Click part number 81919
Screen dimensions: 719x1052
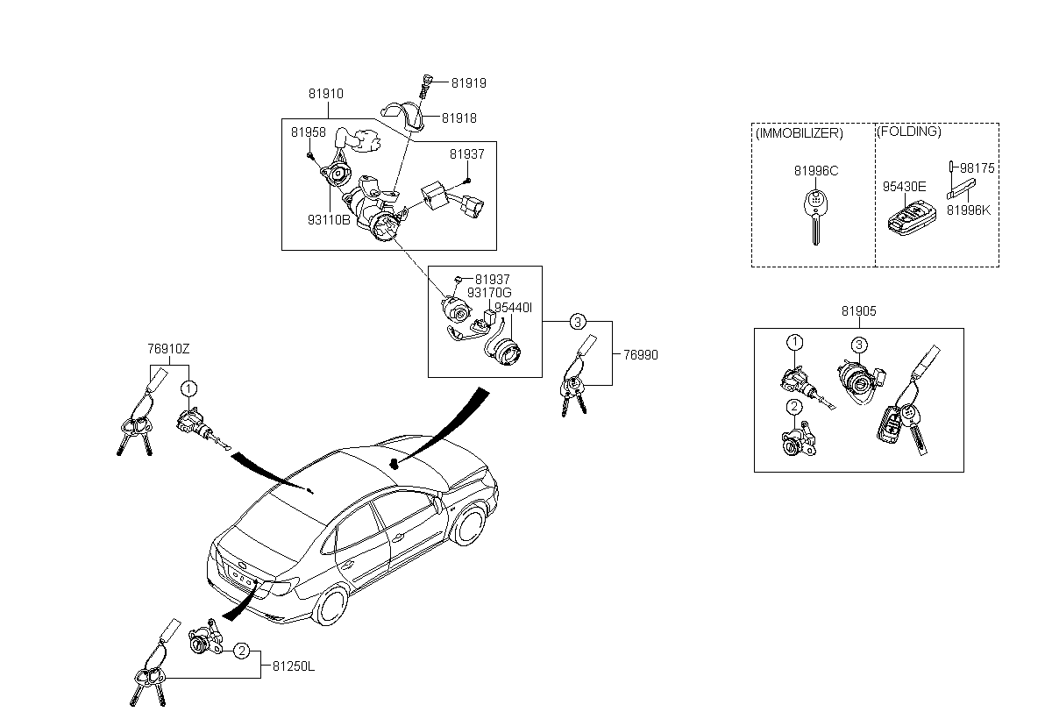tap(469, 83)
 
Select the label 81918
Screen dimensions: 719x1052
tap(458, 117)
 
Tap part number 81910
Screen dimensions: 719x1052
tap(325, 94)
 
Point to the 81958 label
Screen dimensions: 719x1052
tap(309, 132)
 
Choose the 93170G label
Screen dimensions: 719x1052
tap(489, 293)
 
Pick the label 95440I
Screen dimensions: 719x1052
tap(514, 308)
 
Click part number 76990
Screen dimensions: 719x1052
tap(640, 355)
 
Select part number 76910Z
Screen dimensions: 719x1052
tap(168, 348)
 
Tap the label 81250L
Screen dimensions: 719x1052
tap(294, 666)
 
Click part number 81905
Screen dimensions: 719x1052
tap(859, 311)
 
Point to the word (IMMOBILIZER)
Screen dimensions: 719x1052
tap(799, 133)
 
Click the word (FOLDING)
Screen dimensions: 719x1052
tap(909, 132)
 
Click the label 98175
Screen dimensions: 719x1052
tap(977, 167)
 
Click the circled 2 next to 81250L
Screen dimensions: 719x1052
tap(242, 651)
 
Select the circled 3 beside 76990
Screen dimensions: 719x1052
tap(578, 322)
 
